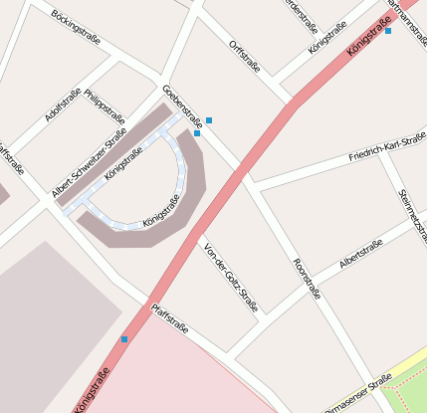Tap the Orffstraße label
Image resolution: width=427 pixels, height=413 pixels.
[x=244, y=57]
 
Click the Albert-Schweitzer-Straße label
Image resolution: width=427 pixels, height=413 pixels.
[x=89, y=162]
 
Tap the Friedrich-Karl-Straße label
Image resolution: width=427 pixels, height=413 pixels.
[x=388, y=149]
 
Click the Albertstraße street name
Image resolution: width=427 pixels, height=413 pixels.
[x=360, y=254]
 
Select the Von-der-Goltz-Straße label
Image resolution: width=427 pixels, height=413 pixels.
[x=230, y=277]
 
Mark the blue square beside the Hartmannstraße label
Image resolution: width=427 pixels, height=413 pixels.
[x=388, y=31]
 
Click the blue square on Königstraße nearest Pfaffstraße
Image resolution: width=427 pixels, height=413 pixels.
[x=124, y=339]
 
